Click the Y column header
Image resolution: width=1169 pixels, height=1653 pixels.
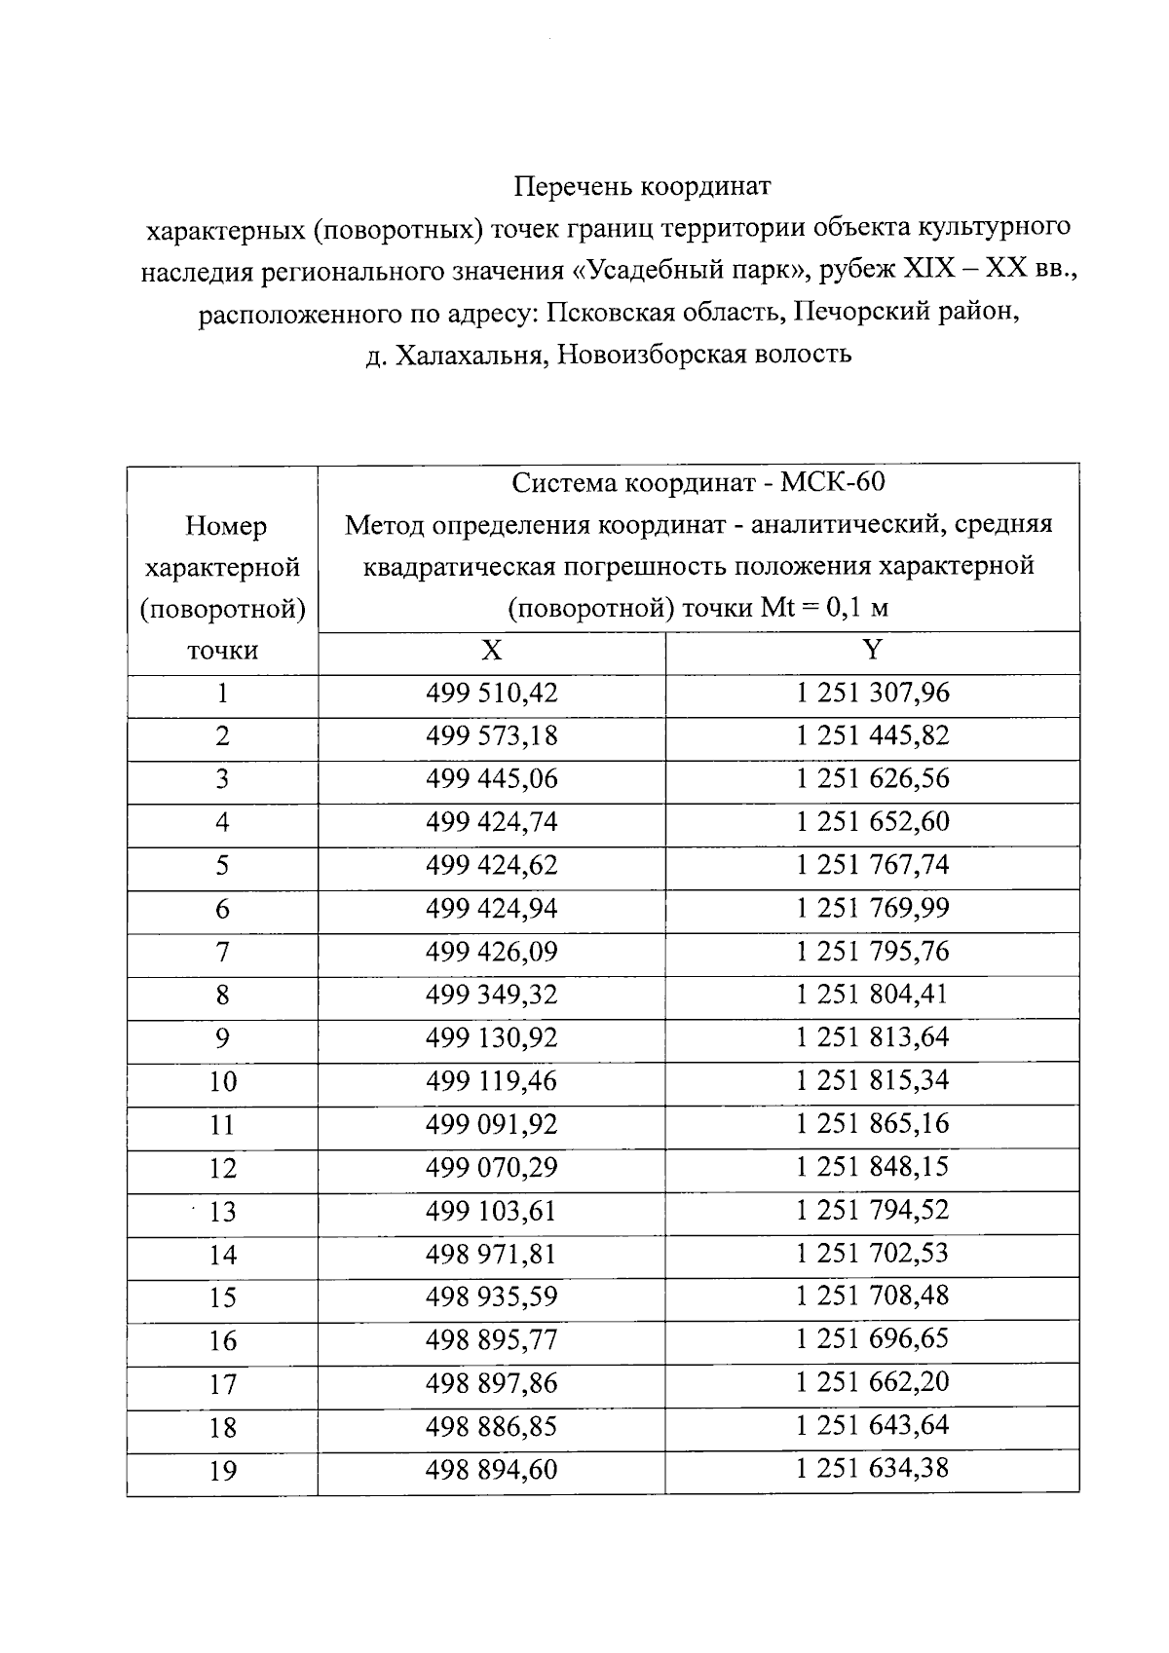(873, 651)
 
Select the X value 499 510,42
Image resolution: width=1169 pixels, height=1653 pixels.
(492, 694)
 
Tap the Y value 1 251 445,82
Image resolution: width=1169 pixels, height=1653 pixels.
(873, 735)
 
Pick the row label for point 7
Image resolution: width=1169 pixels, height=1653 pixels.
(222, 953)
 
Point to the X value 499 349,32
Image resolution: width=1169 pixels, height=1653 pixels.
(492, 995)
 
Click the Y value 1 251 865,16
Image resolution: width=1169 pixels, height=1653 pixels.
(873, 1123)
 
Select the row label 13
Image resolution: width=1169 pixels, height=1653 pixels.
(223, 1212)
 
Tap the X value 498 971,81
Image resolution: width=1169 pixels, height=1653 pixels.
(492, 1254)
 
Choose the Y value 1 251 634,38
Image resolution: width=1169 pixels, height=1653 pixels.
(873, 1468)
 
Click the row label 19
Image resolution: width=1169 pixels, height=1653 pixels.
(223, 1471)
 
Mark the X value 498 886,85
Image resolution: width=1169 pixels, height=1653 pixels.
(492, 1427)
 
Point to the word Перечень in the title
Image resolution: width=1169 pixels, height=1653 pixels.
(574, 185)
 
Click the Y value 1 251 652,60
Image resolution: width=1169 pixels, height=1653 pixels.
(873, 822)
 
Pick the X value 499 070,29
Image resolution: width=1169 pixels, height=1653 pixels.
(492, 1167)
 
